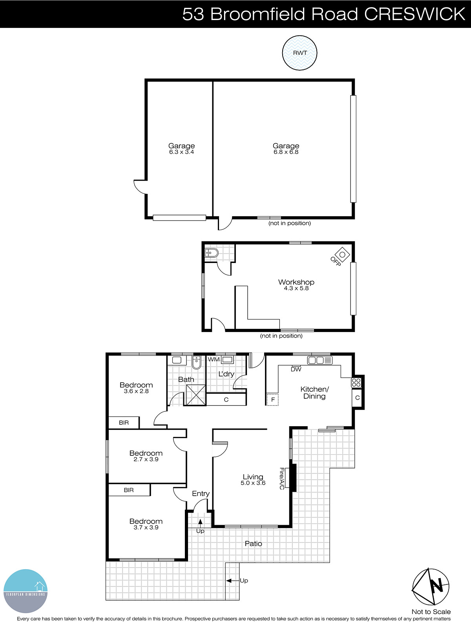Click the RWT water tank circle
pos(299,53)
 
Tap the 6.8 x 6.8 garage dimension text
pos(286,152)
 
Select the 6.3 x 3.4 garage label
pos(181,149)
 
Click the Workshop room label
pos(296,282)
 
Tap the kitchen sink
pos(316,360)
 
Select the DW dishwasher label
pos(296,369)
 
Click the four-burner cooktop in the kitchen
pos(356,382)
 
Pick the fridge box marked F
pos(272,400)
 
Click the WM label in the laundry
pos(214,360)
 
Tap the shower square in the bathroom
pos(195,394)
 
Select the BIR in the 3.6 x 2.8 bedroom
pos(124,423)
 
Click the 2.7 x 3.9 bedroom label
pos(146,456)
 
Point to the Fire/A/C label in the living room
pos(282,478)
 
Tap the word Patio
pos(253,544)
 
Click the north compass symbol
pos(431,586)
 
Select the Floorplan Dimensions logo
pos(26,591)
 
